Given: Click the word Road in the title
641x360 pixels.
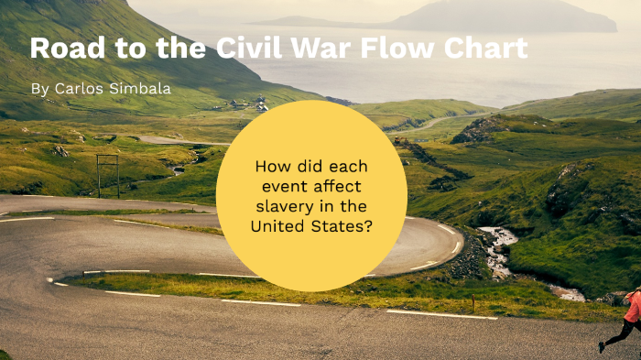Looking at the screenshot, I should point(61,49).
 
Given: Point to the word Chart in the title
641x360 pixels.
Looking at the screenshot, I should point(488,49).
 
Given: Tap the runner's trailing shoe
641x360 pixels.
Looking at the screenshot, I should point(602,347).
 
